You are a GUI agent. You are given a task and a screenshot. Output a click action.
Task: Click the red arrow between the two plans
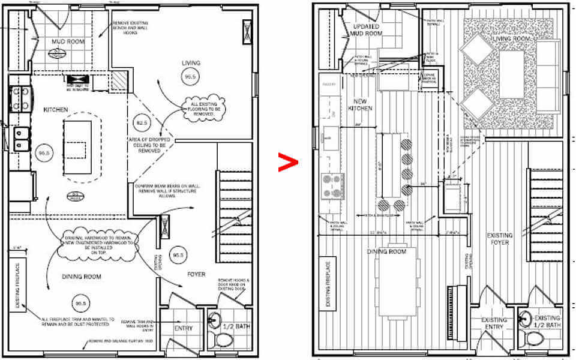point(288,162)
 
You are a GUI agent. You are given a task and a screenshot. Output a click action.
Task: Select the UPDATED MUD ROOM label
point(366,31)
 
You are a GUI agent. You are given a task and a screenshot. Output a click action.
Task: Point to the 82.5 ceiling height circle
point(142,122)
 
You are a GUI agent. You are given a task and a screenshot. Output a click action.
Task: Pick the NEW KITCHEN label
point(360,105)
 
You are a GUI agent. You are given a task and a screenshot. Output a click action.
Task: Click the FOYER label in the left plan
point(196,274)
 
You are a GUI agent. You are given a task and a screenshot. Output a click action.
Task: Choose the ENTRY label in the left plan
point(183,328)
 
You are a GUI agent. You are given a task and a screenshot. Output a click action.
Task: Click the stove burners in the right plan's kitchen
point(332,185)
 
